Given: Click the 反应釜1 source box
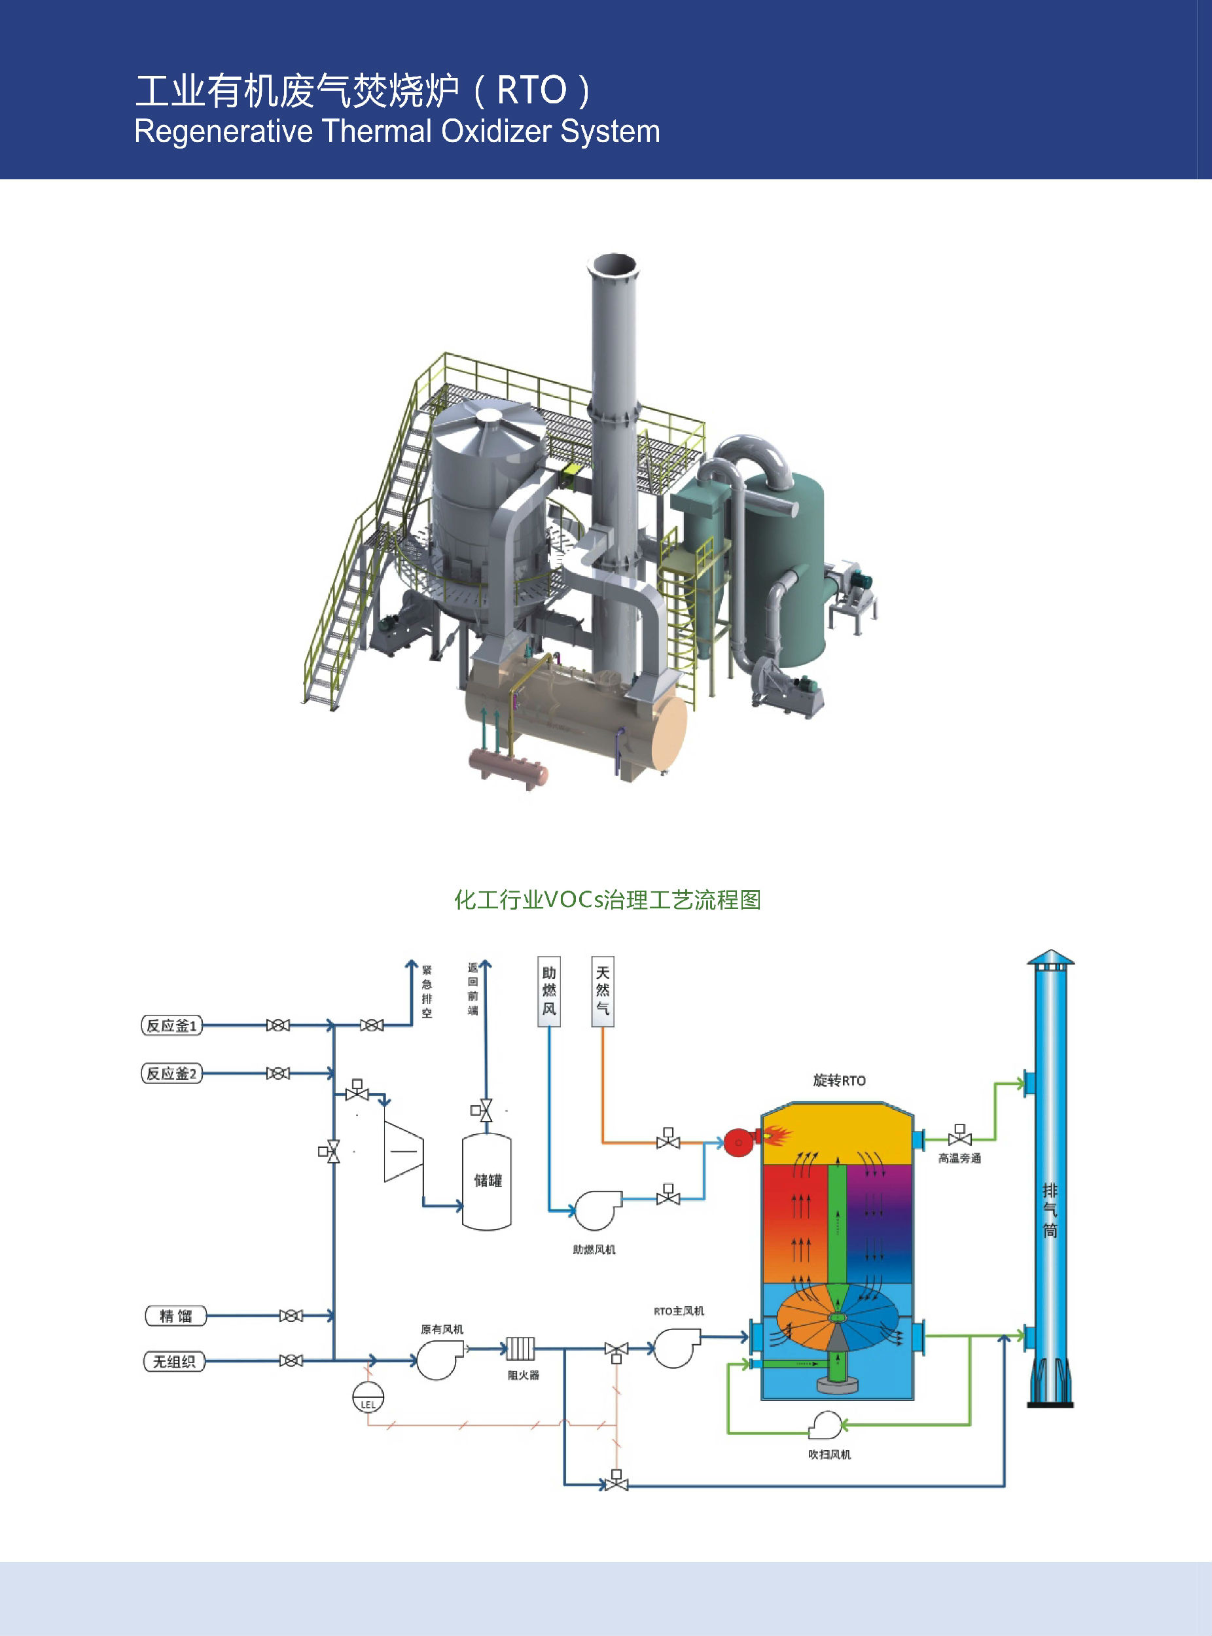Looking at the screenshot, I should click(x=171, y=1025).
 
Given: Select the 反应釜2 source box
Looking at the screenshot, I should click(x=171, y=1073).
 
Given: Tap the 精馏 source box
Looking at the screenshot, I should click(x=175, y=1315).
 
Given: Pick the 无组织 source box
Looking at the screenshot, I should click(x=174, y=1362).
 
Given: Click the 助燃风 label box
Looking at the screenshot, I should click(x=549, y=990).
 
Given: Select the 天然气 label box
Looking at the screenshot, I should click(x=602, y=990).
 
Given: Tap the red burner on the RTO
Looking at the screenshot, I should click(x=740, y=1141).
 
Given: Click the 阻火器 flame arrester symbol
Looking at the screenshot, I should click(x=520, y=1349).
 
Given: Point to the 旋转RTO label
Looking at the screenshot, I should click(x=838, y=1080).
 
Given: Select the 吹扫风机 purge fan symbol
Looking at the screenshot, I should click(x=826, y=1425).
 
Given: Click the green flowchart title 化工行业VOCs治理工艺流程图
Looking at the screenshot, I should click(x=607, y=900).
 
